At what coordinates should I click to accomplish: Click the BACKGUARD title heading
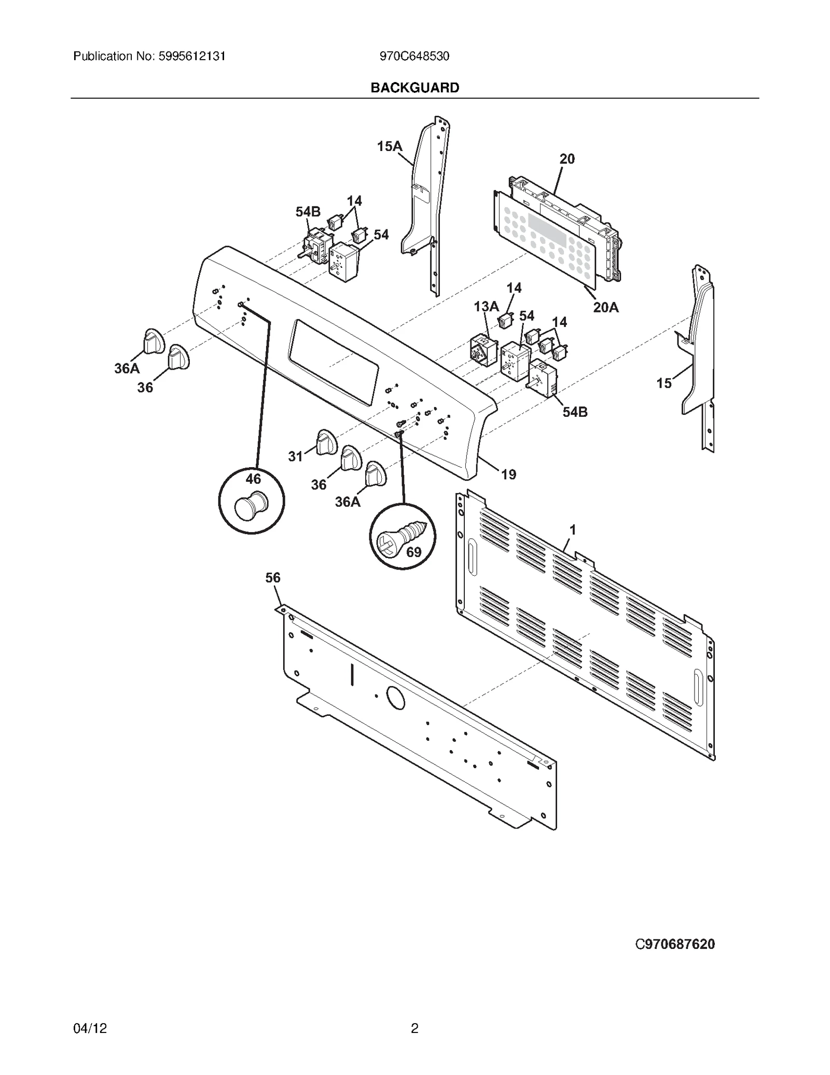[414, 88]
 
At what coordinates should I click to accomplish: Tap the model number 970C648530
[414, 56]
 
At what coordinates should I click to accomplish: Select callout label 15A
[389, 146]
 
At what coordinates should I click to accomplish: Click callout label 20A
[605, 307]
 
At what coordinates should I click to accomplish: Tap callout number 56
[272, 578]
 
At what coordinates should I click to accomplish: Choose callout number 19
[508, 474]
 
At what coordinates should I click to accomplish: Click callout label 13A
[486, 307]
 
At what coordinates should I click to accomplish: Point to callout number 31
[295, 456]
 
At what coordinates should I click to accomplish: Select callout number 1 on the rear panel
[573, 530]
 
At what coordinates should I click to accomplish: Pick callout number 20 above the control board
[567, 159]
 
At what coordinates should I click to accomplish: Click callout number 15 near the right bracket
[663, 383]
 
